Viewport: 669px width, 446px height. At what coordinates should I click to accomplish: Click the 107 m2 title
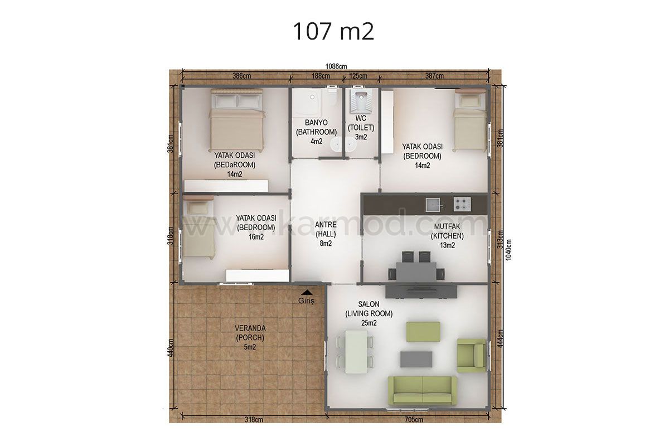pyautogui.click(x=333, y=31)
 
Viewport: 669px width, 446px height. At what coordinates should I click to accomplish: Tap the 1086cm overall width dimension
pyautogui.click(x=336, y=66)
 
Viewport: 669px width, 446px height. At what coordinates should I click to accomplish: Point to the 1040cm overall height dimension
pyautogui.click(x=508, y=250)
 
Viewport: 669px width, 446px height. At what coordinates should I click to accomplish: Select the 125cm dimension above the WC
pyautogui.click(x=358, y=76)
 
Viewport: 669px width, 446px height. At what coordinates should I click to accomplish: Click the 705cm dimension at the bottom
pyautogui.click(x=414, y=420)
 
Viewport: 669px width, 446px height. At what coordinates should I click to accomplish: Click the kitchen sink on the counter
pyautogui.click(x=433, y=205)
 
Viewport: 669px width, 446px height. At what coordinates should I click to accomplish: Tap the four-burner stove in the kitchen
pyautogui.click(x=462, y=205)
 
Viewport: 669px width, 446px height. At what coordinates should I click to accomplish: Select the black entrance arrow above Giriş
pyautogui.click(x=307, y=293)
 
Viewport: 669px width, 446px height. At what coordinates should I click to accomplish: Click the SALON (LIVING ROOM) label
pyautogui.click(x=369, y=309)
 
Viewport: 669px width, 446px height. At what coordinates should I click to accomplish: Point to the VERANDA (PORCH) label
pyautogui.click(x=250, y=333)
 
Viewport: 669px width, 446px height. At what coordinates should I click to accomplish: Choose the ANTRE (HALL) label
pyautogui.click(x=326, y=229)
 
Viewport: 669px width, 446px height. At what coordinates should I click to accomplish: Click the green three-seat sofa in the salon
pyautogui.click(x=423, y=390)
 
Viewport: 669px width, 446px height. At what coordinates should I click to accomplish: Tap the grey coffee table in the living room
pyautogui.click(x=416, y=359)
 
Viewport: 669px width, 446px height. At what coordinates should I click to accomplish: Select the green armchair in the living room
pyautogui.click(x=472, y=356)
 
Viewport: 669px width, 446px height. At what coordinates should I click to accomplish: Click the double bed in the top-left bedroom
pyautogui.click(x=237, y=120)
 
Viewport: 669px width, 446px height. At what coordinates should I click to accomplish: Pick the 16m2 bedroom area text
pyautogui.click(x=256, y=237)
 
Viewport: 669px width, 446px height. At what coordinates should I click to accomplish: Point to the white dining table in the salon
pyautogui.click(x=356, y=352)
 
